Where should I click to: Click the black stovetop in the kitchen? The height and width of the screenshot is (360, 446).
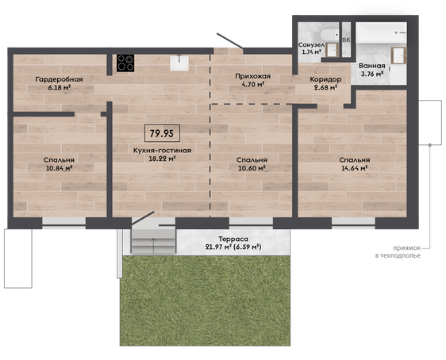point(125,63)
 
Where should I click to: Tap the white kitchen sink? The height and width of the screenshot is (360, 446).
point(179,63)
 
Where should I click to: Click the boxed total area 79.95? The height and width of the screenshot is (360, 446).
point(162,133)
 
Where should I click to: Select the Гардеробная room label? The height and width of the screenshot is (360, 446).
point(60,79)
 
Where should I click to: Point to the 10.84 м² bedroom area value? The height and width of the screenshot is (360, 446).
point(60,168)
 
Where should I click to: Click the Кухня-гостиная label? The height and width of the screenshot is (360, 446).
point(162,151)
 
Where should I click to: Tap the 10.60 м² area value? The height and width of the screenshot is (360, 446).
point(252,168)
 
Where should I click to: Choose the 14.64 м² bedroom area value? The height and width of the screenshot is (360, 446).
point(355,168)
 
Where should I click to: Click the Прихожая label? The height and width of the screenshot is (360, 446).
point(253,76)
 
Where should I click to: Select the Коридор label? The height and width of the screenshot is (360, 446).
point(325,79)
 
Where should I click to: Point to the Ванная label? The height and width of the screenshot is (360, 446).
point(372,66)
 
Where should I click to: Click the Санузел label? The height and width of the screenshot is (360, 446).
point(311,45)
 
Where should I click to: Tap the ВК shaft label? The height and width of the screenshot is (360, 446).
point(346,40)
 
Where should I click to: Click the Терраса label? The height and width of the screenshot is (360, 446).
point(233,239)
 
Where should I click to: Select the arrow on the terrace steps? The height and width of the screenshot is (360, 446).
point(154,246)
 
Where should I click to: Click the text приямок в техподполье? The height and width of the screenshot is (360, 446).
point(398,251)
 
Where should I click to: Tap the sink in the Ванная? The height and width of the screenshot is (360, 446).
point(399,56)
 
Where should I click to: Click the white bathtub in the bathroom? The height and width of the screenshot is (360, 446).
point(381,33)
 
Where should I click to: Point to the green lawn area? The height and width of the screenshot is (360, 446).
point(205,301)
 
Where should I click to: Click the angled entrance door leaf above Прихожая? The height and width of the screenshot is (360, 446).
point(229,40)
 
